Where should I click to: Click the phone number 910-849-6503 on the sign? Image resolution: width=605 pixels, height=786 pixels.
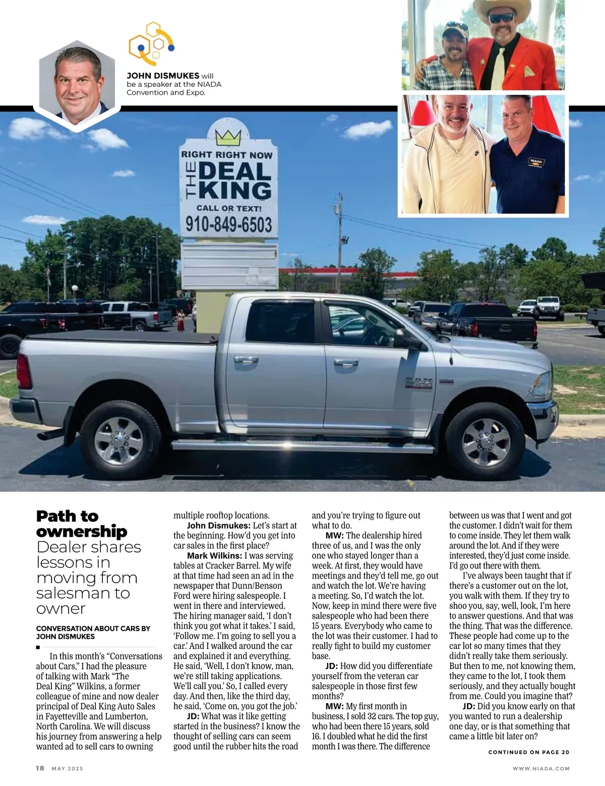coord(229,224)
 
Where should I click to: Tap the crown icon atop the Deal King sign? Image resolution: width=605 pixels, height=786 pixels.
coord(228,136)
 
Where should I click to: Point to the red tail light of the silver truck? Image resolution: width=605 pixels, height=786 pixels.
coord(24,371)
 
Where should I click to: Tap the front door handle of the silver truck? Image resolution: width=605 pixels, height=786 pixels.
coord(346,363)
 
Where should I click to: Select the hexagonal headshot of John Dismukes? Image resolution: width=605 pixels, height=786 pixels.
coord(77,84)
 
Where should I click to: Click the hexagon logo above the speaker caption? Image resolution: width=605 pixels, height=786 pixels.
coord(151,44)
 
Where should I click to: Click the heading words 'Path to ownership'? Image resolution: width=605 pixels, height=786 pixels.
coord(82,524)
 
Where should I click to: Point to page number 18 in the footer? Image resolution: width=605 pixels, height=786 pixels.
coord(40,768)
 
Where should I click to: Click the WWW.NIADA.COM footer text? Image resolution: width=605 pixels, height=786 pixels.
coord(541,768)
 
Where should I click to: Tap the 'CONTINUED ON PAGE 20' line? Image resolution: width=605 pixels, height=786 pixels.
coord(529,752)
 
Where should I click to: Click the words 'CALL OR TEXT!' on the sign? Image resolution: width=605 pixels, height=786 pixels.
coord(229,208)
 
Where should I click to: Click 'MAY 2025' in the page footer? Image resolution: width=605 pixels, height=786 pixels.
coord(68,768)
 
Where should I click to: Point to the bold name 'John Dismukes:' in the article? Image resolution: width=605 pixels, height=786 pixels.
coord(218,525)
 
